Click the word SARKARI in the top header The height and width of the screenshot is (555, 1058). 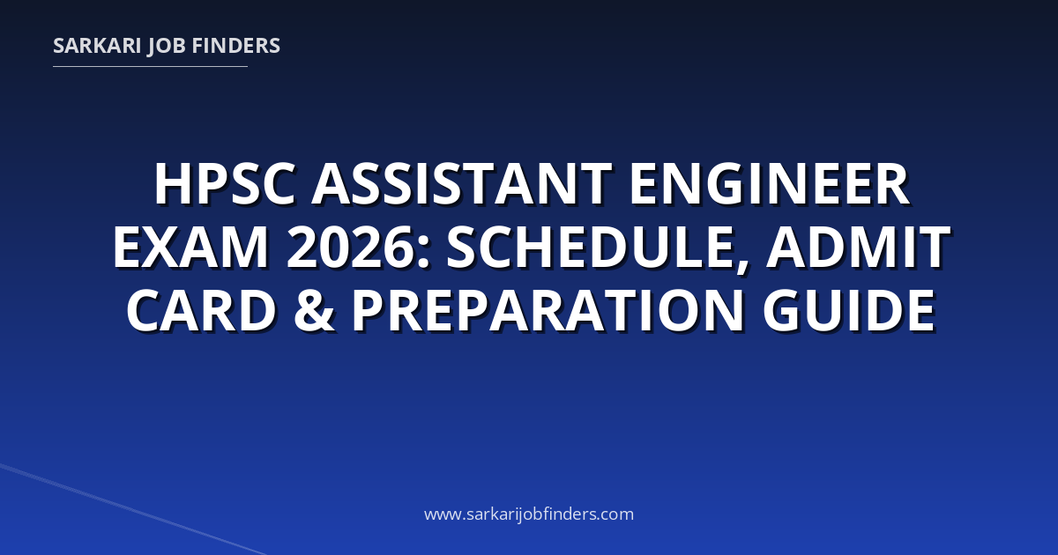pyautogui.click(x=97, y=46)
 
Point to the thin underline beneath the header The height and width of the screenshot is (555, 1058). pyautogui.click(x=150, y=67)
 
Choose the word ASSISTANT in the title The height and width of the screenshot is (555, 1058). pyautogui.click(x=462, y=183)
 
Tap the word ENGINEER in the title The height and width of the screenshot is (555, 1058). pyautogui.click(x=770, y=183)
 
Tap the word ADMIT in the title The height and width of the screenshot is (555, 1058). pyautogui.click(x=858, y=248)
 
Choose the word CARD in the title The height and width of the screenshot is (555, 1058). pyautogui.click(x=201, y=311)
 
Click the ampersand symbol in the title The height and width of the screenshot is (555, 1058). pyautogui.click(x=315, y=311)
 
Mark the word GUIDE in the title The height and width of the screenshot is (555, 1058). pyautogui.click(x=849, y=311)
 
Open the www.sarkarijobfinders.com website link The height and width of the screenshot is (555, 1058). pyautogui.click(x=529, y=514)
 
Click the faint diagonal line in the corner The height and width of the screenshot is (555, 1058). pyautogui.click(x=133, y=510)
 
